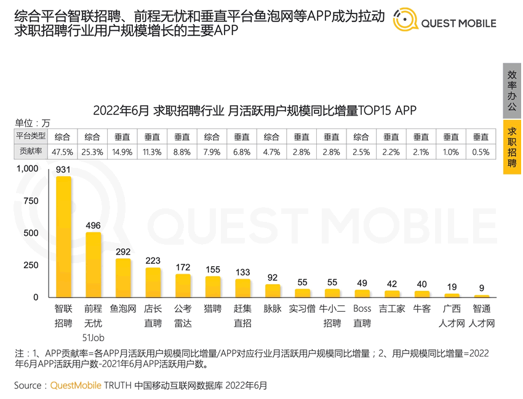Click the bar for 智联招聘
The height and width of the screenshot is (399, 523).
[x=63, y=237]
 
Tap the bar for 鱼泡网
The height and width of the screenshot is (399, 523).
[x=123, y=278]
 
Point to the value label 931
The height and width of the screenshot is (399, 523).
[x=63, y=169]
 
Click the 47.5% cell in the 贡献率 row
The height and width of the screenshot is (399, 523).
[x=63, y=151]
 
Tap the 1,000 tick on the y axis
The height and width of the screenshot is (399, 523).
[x=27, y=168]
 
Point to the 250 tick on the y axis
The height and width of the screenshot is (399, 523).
[x=30, y=266]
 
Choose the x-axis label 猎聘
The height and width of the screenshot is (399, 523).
[x=212, y=309]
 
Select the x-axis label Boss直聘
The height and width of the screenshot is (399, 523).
[x=362, y=315]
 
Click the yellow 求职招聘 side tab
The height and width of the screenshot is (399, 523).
[x=512, y=148]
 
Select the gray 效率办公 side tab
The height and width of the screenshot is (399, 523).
[x=512, y=90]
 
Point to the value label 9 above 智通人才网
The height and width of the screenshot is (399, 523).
[x=481, y=287]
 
